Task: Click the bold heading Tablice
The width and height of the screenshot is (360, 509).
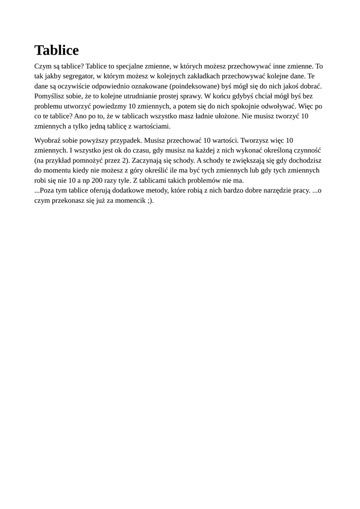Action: click(57, 50)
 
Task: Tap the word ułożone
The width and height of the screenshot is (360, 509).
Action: click(226, 116)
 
